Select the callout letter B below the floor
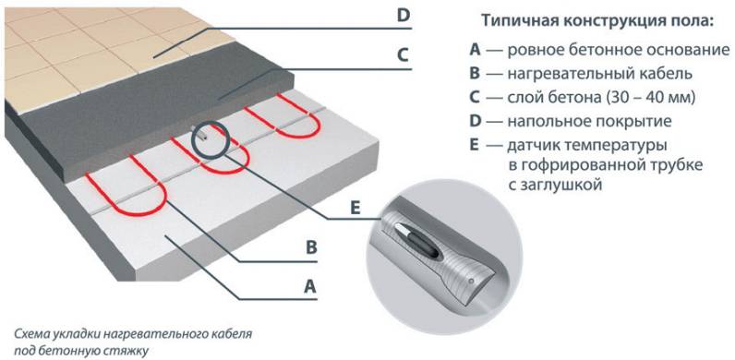point(311,247)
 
